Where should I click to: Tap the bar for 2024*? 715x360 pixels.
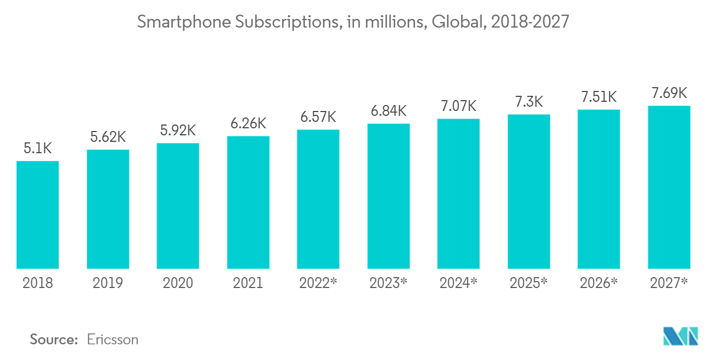pyautogui.click(x=458, y=193)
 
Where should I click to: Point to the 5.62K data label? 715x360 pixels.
pyautogui.click(x=108, y=138)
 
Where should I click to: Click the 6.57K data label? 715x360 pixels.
pyautogui.click(x=318, y=117)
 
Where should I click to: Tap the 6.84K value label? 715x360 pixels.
pyautogui.click(x=388, y=111)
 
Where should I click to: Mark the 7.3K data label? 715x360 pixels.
pyautogui.click(x=529, y=102)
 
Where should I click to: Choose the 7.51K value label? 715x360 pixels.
pyautogui.click(x=599, y=97)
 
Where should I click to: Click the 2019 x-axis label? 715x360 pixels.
pyautogui.click(x=108, y=283)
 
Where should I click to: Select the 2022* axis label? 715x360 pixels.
pyautogui.click(x=318, y=283)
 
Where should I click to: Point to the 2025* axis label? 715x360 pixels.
pyautogui.click(x=529, y=283)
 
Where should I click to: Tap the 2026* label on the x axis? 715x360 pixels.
pyautogui.click(x=599, y=283)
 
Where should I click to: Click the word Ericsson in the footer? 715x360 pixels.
pyautogui.click(x=113, y=340)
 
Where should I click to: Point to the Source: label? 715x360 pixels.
pyautogui.click(x=54, y=340)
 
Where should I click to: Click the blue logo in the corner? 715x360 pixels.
pyautogui.click(x=680, y=336)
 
